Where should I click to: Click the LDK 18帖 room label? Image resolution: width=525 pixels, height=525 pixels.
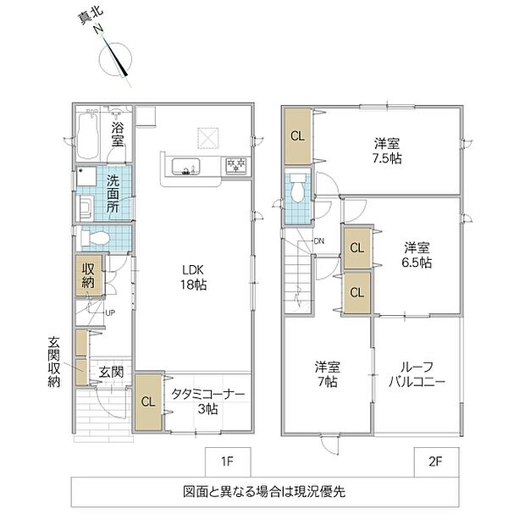[x=194, y=277]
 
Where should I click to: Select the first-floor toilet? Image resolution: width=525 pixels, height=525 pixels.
[x=96, y=239]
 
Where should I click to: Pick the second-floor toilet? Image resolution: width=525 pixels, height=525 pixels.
[x=297, y=188]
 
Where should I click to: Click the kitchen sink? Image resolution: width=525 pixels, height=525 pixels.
[x=186, y=167]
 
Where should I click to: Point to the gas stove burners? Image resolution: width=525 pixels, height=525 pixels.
[x=236, y=165]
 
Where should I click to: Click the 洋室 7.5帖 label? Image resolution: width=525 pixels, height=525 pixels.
[x=387, y=151]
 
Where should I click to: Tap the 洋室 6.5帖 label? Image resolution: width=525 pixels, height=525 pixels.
[x=417, y=255]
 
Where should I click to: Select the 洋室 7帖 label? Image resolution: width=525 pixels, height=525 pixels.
[x=328, y=374]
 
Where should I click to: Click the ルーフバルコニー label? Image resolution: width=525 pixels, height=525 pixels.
[x=417, y=374]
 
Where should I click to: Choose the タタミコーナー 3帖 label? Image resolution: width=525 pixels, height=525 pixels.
[x=208, y=401]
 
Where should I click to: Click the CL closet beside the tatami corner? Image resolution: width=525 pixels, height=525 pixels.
[x=148, y=401]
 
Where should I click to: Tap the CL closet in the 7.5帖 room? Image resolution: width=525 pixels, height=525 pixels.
[x=298, y=136]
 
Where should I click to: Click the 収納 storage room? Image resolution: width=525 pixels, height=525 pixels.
[x=88, y=275]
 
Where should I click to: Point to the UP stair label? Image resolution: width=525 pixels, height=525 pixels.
[x=110, y=313]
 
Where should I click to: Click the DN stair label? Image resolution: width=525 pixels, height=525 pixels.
[x=319, y=240]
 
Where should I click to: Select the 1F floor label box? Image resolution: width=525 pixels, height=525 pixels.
[x=228, y=461]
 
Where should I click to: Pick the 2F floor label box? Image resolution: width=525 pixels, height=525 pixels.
[x=436, y=461]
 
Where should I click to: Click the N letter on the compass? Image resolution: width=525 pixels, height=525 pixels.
[x=98, y=30]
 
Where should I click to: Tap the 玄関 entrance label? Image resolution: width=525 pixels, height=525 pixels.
[x=111, y=372]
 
